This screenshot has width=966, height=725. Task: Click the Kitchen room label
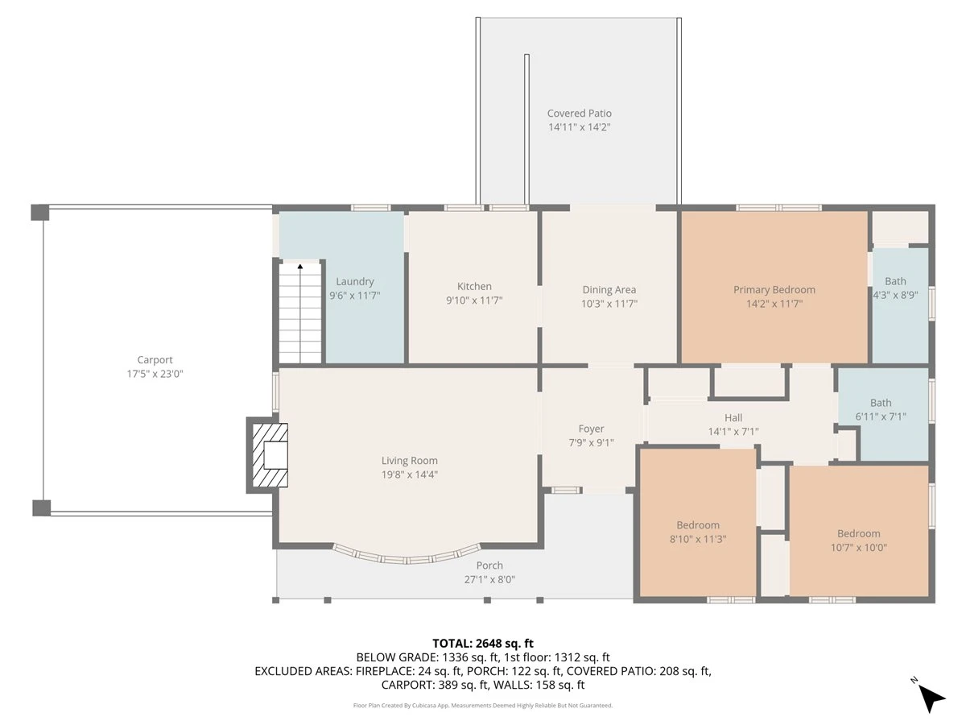pos(474,286)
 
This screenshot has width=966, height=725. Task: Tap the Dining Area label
pos(609,290)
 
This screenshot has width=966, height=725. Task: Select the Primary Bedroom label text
pos(774,290)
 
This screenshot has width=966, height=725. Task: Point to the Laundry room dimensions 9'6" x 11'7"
pos(355,296)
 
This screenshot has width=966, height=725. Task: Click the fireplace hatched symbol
pos(270,454)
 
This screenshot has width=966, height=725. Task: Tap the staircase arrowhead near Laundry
pos(300,267)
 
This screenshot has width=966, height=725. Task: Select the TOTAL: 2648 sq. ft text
pos(483,644)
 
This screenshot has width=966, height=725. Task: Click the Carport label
pos(155,360)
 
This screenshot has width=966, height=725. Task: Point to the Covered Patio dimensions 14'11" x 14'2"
pos(579,127)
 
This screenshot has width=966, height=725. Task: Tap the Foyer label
pos(591,429)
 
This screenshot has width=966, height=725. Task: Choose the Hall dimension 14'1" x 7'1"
pos(733,432)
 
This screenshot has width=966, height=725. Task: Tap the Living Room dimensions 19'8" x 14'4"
pos(409,474)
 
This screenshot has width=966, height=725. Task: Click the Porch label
pos(489,565)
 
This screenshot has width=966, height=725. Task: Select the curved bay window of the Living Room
pos(407,560)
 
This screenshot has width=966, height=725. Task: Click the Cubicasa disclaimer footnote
pos(483,706)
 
